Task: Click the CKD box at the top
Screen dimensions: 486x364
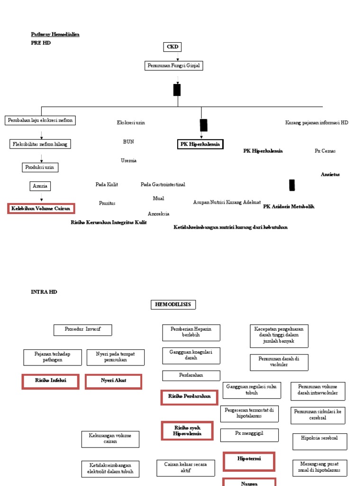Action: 172,47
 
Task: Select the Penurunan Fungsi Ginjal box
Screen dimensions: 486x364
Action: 173,66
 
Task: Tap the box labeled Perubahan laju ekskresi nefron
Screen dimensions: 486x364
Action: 40,121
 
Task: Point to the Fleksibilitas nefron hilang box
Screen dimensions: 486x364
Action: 40,144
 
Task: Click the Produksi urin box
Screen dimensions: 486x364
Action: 40,167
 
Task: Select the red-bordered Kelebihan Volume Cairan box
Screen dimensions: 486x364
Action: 41,208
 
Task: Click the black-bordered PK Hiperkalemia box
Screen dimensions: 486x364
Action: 200,144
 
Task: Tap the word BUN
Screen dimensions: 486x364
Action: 128,141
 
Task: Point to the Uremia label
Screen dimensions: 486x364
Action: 128,160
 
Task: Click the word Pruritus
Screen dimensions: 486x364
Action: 107,203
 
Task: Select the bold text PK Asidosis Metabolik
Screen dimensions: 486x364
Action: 289,206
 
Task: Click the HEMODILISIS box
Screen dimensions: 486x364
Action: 173,305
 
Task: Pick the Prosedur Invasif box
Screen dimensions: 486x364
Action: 82,330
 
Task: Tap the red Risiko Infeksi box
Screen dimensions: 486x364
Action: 50,381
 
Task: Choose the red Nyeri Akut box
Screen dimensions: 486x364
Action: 113,381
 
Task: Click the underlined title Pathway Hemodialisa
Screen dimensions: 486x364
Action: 55,35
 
